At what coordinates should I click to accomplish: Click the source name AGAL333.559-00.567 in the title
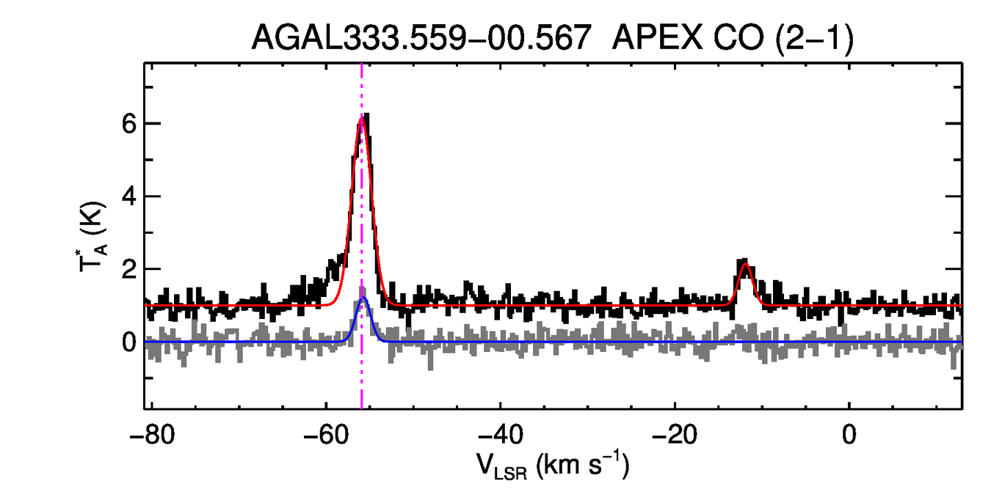421,37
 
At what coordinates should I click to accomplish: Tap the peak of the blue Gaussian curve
363,298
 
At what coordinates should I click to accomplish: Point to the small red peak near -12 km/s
746,265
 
